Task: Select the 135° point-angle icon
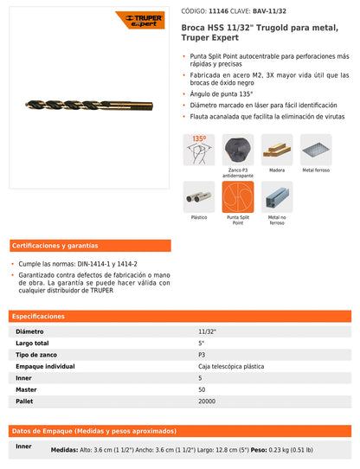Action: coord(198,149)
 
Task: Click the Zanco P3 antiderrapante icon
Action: coord(237,149)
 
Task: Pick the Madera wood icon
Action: coord(276,149)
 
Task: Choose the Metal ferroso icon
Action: coord(315,149)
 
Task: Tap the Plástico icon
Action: coord(198,196)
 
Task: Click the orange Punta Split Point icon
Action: coord(237,196)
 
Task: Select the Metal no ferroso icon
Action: coord(276,196)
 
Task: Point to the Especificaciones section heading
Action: coord(39,316)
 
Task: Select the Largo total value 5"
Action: coord(202,343)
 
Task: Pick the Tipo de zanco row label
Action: coord(37,355)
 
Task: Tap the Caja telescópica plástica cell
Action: coord(231,366)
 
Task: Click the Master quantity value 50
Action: coord(202,389)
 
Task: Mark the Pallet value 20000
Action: coord(208,402)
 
